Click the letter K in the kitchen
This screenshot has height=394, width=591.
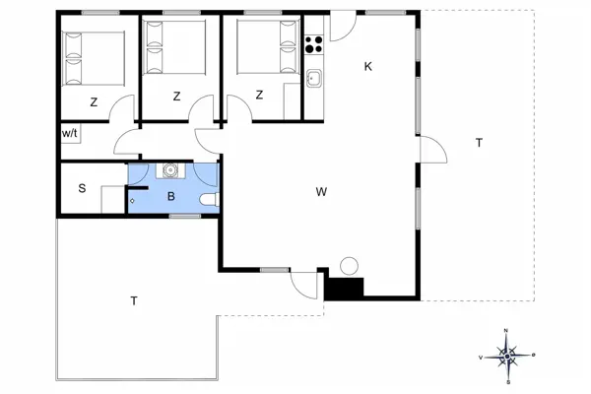[368, 66]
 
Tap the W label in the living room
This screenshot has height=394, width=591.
[321, 191]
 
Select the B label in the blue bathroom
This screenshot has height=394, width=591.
[171, 196]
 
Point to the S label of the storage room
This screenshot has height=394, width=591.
[81, 188]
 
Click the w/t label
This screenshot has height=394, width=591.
[70, 133]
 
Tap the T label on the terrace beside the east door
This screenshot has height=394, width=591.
[479, 143]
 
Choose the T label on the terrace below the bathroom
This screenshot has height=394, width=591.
[132, 301]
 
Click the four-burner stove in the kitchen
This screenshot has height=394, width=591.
[314, 43]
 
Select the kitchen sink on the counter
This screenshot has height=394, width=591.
[314, 80]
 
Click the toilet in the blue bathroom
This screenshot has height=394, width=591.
[208, 201]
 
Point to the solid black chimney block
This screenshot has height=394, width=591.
[345, 289]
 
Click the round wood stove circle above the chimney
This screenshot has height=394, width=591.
[349, 266]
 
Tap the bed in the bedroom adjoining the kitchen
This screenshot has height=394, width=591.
[260, 48]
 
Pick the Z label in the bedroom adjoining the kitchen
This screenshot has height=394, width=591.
[259, 96]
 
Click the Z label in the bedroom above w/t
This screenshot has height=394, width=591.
[94, 100]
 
